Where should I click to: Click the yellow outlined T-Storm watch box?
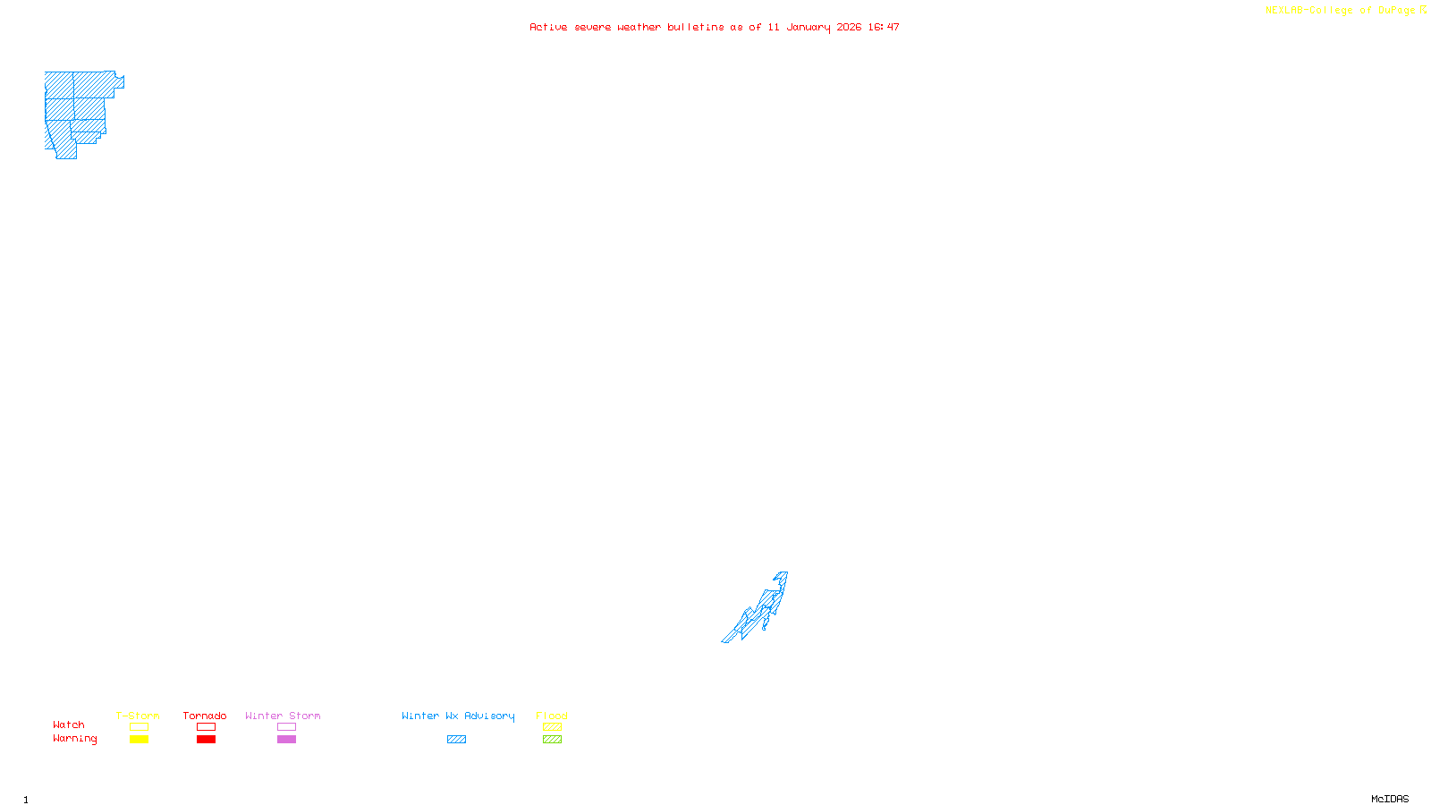[139, 727]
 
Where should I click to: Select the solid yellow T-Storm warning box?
[139, 740]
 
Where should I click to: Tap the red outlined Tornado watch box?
[206, 727]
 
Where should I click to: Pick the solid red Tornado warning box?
[206, 740]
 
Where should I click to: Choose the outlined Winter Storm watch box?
[286, 727]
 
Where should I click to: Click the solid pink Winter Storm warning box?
[286, 740]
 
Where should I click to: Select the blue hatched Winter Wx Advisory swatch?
[456, 740]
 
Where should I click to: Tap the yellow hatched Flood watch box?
[552, 727]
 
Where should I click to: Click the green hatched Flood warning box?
[552, 740]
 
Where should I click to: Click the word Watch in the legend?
[69, 724]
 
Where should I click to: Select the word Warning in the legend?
[74, 739]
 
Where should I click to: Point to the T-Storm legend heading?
[138, 716]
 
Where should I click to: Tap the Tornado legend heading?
[205, 716]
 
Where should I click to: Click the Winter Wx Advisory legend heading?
[458, 716]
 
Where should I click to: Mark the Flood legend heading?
[552, 716]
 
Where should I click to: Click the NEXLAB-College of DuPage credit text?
[1341, 11]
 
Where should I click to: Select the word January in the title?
[809, 27]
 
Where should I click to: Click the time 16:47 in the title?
[884, 27]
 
